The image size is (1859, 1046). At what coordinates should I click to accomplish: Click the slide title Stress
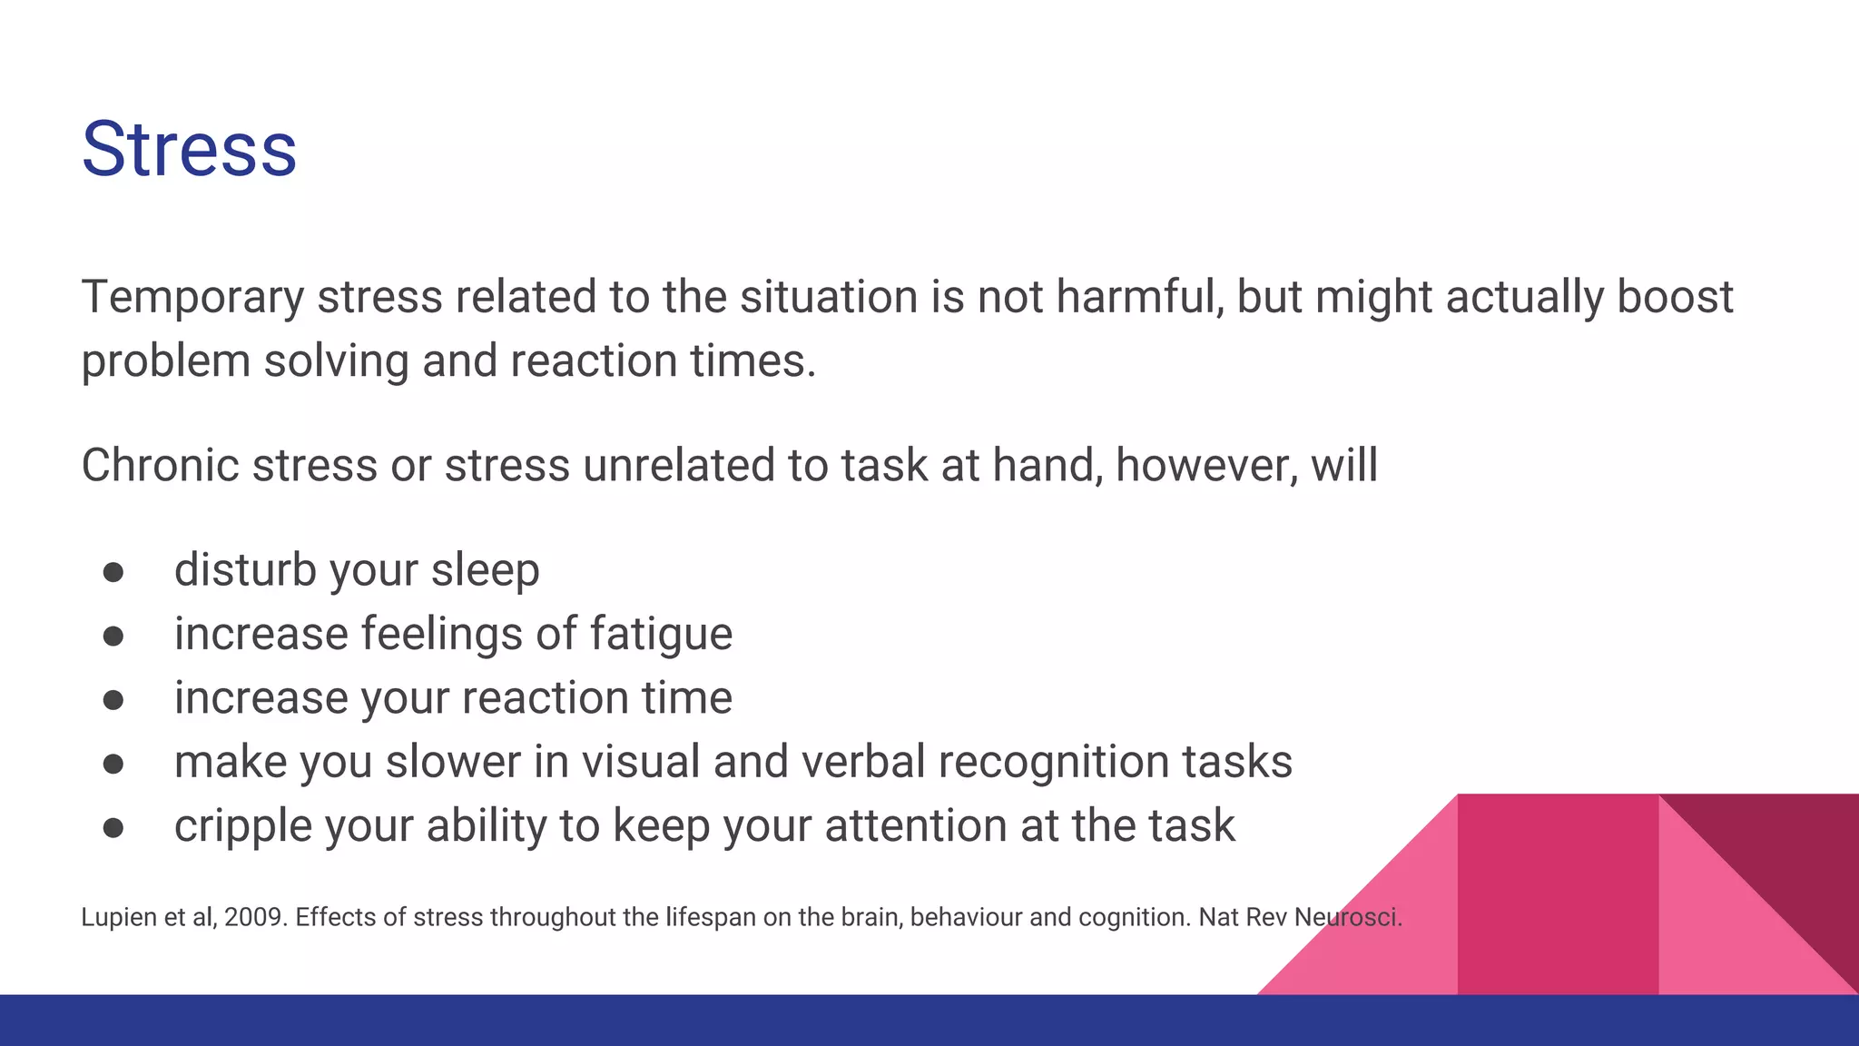[189, 149]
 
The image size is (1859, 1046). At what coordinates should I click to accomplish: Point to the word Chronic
[160, 465]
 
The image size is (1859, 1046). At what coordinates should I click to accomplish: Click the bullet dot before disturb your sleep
[113, 572]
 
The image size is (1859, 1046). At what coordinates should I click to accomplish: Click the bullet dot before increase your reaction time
[113, 700]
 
